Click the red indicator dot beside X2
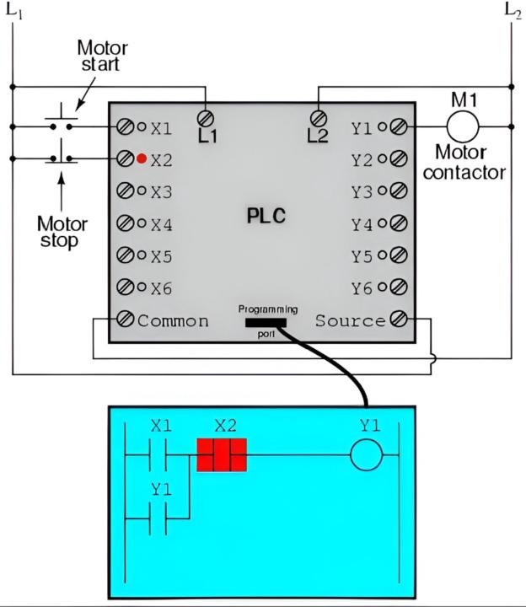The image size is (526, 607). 142,158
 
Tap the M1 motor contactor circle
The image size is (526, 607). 462,126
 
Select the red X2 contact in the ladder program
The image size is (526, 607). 221,456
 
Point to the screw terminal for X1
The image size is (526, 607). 125,127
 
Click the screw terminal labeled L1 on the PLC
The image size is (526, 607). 205,117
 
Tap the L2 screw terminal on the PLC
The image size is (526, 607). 319,117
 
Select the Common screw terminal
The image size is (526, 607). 125,320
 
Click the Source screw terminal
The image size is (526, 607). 399,320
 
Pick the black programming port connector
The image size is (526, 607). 266,321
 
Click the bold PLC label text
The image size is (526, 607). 266,216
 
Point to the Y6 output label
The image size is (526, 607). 362,288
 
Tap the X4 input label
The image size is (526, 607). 161,225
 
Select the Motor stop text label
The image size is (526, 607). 60,232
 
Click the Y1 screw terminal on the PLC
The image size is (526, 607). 399,127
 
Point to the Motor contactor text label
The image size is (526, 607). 464,164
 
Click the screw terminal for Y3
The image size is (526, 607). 399,191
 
